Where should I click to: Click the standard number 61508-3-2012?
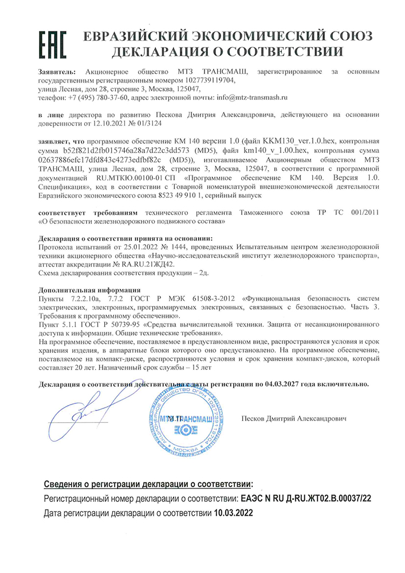[x=215, y=298]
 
